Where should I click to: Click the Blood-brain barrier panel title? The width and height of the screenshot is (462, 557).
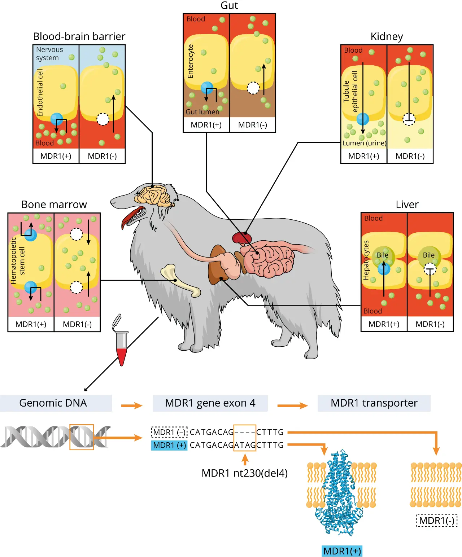click(79, 36)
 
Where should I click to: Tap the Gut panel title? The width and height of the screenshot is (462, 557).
click(229, 6)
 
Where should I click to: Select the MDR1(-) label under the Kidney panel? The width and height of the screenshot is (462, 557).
click(410, 156)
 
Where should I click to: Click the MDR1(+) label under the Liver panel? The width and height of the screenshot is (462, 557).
click(384, 324)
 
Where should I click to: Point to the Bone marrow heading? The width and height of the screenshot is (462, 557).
click(54, 205)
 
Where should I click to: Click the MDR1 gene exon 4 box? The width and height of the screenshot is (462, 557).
click(210, 403)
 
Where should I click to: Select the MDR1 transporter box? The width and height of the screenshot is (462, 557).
click(374, 403)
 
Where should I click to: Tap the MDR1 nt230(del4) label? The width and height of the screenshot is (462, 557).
click(244, 473)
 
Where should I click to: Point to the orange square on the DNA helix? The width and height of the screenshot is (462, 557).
click(82, 437)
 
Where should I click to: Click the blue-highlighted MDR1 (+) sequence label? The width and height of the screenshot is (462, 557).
click(169, 445)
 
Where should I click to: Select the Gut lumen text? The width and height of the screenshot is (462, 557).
click(202, 112)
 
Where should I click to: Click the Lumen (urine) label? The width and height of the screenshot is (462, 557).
click(364, 143)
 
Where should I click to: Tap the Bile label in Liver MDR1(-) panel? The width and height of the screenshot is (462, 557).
click(428, 255)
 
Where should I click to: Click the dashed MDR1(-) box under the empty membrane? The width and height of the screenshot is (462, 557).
click(436, 521)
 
